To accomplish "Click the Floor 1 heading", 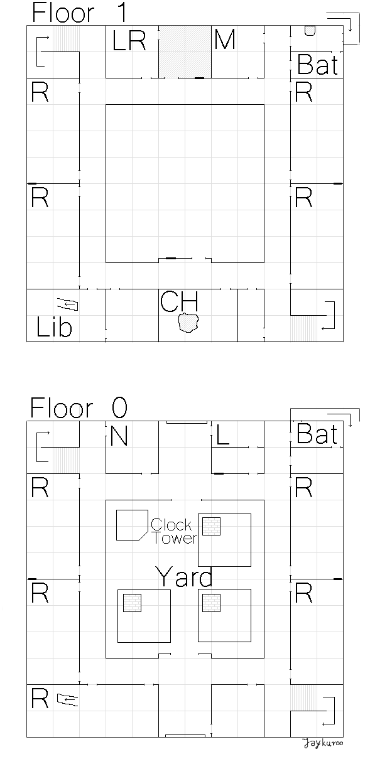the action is [x=79, y=13].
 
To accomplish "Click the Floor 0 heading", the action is [x=79, y=407].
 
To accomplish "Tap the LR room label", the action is [x=129, y=40].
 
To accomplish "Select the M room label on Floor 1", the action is [x=225, y=39].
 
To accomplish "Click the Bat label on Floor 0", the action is [x=317, y=434].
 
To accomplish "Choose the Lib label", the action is [x=54, y=326].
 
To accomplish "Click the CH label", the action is [x=179, y=301].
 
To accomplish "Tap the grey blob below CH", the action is [x=188, y=323].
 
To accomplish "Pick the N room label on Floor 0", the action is [x=119, y=436].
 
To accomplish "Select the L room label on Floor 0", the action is [x=223, y=435].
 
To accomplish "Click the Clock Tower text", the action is [x=174, y=531].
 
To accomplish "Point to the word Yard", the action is [x=184, y=576].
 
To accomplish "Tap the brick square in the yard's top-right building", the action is [x=211, y=526].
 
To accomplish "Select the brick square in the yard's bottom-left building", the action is [x=132, y=603].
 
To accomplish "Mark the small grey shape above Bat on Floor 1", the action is [x=310, y=31].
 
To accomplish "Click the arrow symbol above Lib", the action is [x=68, y=304].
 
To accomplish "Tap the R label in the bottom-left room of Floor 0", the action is [x=40, y=698].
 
